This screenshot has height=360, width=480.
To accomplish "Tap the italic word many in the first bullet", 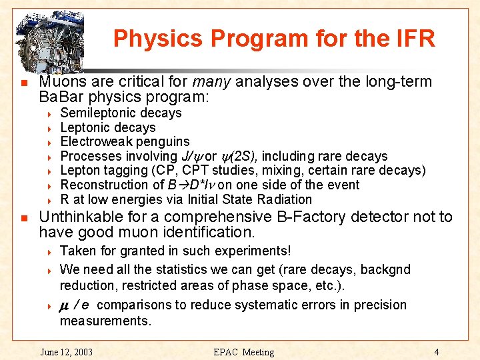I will pyautogui.click(x=212, y=82).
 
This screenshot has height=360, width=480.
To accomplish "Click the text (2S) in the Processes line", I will pyautogui.click(x=243, y=156).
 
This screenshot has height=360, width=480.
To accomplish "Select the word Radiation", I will pyautogui.click(x=281, y=199).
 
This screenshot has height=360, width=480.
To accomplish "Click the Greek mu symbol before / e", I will pyautogui.click(x=65, y=305).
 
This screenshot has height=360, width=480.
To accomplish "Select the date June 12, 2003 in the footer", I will pyautogui.click(x=66, y=352).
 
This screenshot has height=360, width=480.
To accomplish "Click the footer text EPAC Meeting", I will pyautogui.click(x=244, y=352).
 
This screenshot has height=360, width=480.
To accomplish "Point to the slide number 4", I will pyautogui.click(x=436, y=352).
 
